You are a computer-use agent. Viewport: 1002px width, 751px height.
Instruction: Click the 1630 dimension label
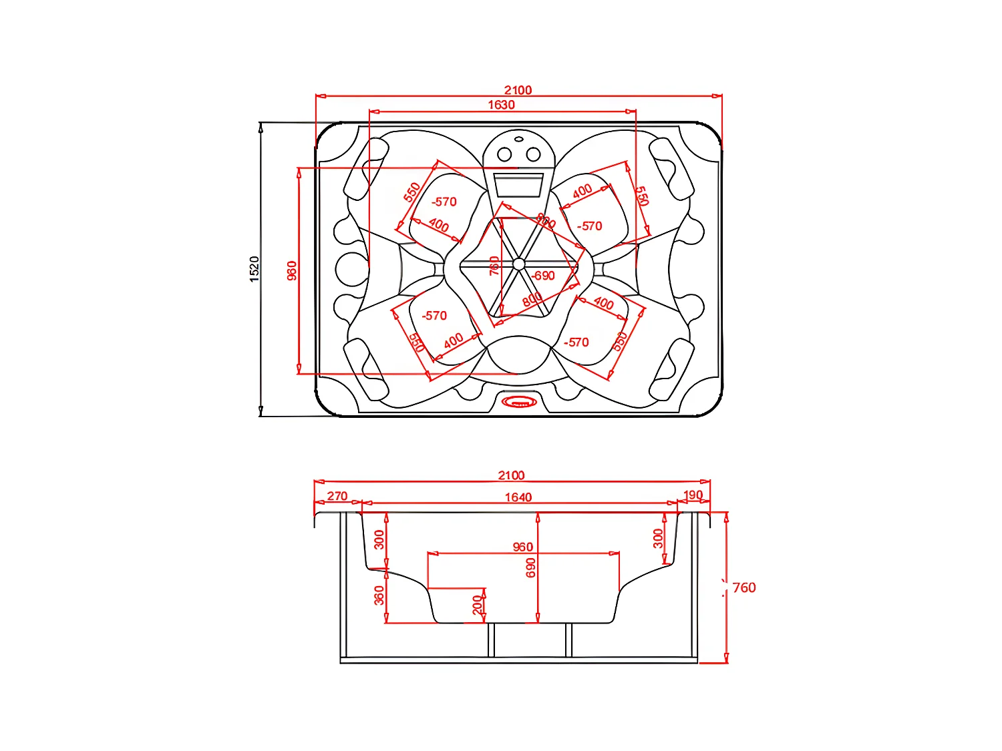pyautogui.click(x=501, y=105)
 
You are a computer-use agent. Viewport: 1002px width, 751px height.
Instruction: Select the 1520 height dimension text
pyautogui.click(x=255, y=268)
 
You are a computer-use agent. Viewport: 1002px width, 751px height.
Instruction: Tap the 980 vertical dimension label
pyautogui.click(x=292, y=270)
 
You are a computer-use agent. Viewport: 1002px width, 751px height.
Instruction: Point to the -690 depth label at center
pyautogui.click(x=543, y=276)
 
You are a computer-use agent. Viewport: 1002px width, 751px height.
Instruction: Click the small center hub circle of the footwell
pyautogui.click(x=518, y=264)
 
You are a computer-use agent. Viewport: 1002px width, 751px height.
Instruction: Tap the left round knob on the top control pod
pyautogui.click(x=505, y=155)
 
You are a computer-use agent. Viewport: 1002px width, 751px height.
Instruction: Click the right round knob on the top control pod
pyautogui.click(x=533, y=155)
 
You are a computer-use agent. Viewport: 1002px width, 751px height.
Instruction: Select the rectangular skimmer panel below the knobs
pyautogui.click(x=518, y=184)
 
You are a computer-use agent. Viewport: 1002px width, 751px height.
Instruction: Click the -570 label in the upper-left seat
pyautogui.click(x=444, y=202)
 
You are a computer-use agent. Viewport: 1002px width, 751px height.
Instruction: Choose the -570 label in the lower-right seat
pyautogui.click(x=576, y=342)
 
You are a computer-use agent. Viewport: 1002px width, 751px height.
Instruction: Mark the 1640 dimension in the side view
pyautogui.click(x=518, y=497)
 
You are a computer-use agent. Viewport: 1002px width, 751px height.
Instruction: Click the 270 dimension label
pyautogui.click(x=337, y=496)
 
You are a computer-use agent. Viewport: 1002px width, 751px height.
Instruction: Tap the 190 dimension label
pyautogui.click(x=693, y=495)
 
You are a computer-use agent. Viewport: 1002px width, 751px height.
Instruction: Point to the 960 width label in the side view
pyautogui.click(x=522, y=547)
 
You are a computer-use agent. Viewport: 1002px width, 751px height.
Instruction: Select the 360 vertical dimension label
pyautogui.click(x=379, y=595)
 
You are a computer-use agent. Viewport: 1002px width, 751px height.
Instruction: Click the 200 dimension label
pyautogui.click(x=477, y=605)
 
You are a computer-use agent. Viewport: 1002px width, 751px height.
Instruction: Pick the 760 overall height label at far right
pyautogui.click(x=744, y=588)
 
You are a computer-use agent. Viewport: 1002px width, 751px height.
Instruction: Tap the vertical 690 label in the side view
pyautogui.click(x=531, y=568)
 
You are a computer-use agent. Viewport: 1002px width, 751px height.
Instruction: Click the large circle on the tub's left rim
pyautogui.click(x=350, y=269)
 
